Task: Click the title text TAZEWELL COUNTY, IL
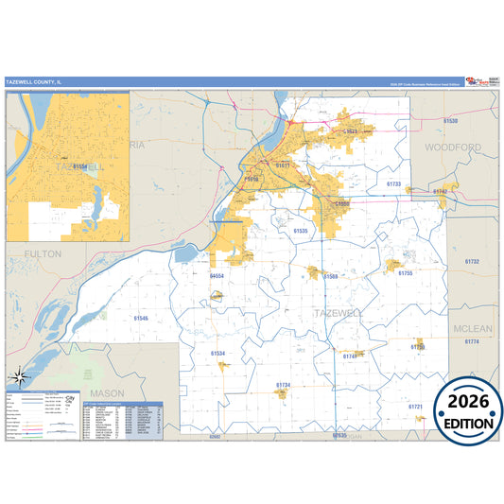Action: coord(33,81)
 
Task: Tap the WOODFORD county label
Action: coord(452,148)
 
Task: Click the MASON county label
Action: coord(107,391)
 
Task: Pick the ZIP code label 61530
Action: coord(450,122)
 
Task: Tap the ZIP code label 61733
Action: coord(393,184)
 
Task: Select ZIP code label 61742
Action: coord(440,192)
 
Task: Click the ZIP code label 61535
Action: coord(301,230)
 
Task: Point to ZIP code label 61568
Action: coord(330,276)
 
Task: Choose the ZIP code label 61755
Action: coord(405,273)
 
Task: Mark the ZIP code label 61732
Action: coord(472,262)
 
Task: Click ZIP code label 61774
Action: coord(472,341)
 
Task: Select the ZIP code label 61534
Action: coord(218,354)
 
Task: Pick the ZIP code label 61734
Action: coord(283,386)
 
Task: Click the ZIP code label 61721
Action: coord(415,407)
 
